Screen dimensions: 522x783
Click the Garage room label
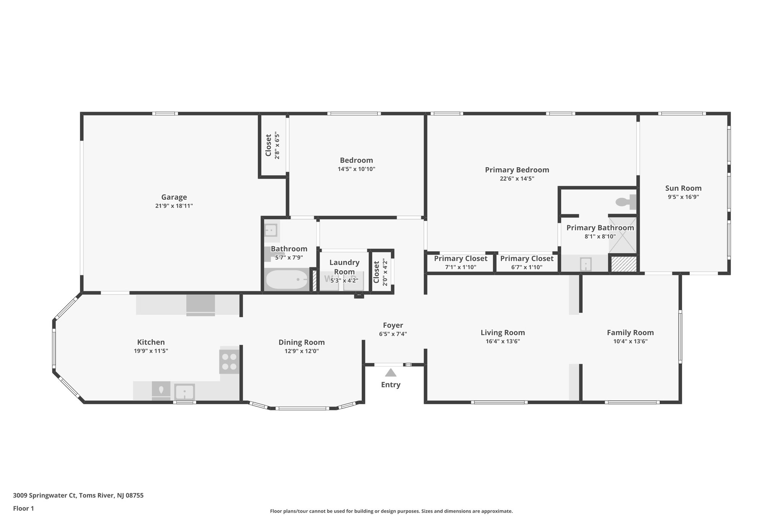point(174,197)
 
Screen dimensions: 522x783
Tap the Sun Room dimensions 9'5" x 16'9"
point(683,197)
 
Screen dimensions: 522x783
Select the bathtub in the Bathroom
point(287,280)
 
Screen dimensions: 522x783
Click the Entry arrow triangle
point(390,372)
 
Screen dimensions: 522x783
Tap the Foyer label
point(393,325)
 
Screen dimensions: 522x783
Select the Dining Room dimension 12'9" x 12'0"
point(301,351)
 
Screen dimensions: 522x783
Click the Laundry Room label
point(344,267)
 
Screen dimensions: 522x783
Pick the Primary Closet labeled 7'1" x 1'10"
point(460,262)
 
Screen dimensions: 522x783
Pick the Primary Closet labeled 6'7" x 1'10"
point(526,262)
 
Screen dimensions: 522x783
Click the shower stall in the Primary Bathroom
point(622,235)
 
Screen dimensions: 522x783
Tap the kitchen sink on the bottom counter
point(185,392)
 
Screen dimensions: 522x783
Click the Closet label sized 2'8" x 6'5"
point(273,145)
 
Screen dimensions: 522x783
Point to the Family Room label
point(630,333)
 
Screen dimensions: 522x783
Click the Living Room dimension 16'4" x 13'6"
point(502,341)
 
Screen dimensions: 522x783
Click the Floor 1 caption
point(23,508)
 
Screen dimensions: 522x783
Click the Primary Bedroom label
point(517,170)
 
